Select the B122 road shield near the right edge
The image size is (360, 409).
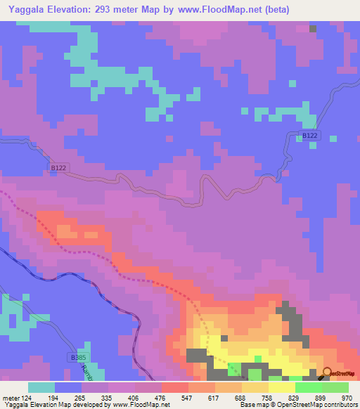pyautogui.click(x=310, y=135)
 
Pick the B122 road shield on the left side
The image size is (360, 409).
pyautogui.click(x=59, y=168)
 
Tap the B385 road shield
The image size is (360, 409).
pyautogui.click(x=78, y=358)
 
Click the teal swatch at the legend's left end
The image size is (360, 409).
pyautogui.click(x=41, y=387)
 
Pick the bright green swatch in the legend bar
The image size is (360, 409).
pyautogui.click(x=308, y=387)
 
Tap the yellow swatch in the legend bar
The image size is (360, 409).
pyautogui.click(x=281, y=387)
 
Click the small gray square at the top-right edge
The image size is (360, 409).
pyautogui.click(x=313, y=29)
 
